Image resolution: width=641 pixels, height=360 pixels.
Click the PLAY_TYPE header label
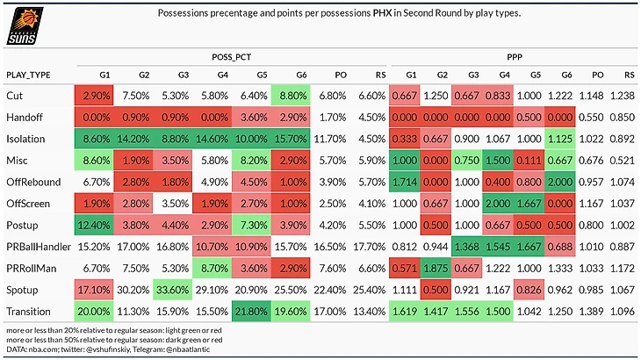pos(29,74)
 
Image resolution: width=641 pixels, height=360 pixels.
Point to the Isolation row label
pos(26,139)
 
